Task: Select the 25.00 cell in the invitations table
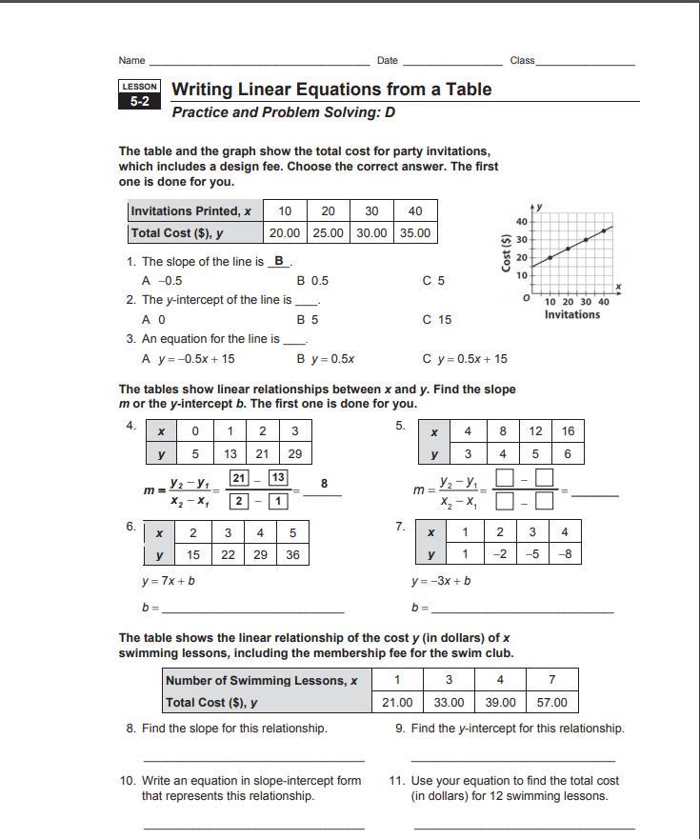[x=328, y=232]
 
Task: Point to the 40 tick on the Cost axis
[x=521, y=222]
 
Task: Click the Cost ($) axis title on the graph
[x=507, y=252]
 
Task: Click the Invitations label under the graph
[x=572, y=315]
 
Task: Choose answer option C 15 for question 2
[x=437, y=320]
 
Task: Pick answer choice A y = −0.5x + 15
[x=189, y=359]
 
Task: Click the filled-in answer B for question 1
[x=279, y=261]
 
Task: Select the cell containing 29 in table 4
[x=294, y=454]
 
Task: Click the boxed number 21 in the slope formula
[x=240, y=478]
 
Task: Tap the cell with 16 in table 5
[x=568, y=430]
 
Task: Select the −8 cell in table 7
[x=564, y=554]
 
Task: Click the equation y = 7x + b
[x=169, y=581]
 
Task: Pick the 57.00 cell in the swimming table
[x=551, y=703]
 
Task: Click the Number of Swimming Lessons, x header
[x=261, y=680]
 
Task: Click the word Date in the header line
[x=388, y=60]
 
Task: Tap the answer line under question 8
[x=253, y=759]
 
